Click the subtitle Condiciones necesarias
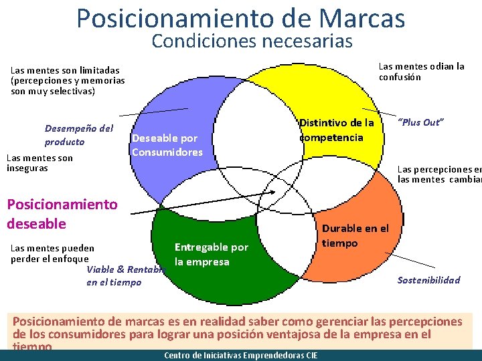(252, 41)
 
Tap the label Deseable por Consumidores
(167, 145)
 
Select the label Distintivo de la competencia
(337, 130)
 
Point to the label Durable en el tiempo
(355, 236)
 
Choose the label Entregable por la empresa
(211, 255)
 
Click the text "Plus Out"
(421, 122)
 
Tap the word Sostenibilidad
(428, 279)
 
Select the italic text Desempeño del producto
(79, 135)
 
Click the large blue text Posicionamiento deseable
(62, 213)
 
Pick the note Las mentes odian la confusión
(421, 72)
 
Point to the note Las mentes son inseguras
(39, 162)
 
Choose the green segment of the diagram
(221, 294)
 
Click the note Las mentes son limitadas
(68, 80)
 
